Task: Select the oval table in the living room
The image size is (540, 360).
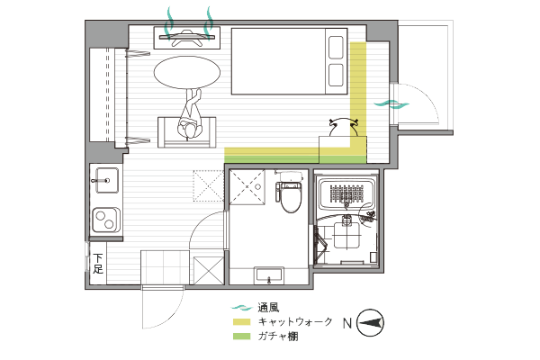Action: (x=186, y=73)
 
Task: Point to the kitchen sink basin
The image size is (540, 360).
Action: (x=106, y=180)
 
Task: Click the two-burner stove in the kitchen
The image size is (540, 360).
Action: (x=105, y=220)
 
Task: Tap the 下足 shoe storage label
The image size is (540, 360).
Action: (x=98, y=264)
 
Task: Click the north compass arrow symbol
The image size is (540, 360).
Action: (x=370, y=323)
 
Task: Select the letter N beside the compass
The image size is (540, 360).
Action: (x=347, y=323)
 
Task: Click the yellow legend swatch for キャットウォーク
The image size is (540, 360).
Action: (x=242, y=322)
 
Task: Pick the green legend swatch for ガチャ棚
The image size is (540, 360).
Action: (x=242, y=337)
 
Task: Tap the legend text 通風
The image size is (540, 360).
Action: (x=268, y=307)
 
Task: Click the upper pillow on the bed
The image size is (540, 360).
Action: (x=336, y=48)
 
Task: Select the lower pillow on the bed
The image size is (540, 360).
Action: (x=336, y=75)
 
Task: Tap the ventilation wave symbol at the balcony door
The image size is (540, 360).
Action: (x=391, y=103)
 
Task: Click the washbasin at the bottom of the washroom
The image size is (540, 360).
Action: (x=269, y=274)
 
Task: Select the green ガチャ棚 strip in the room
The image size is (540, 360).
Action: (x=295, y=159)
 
